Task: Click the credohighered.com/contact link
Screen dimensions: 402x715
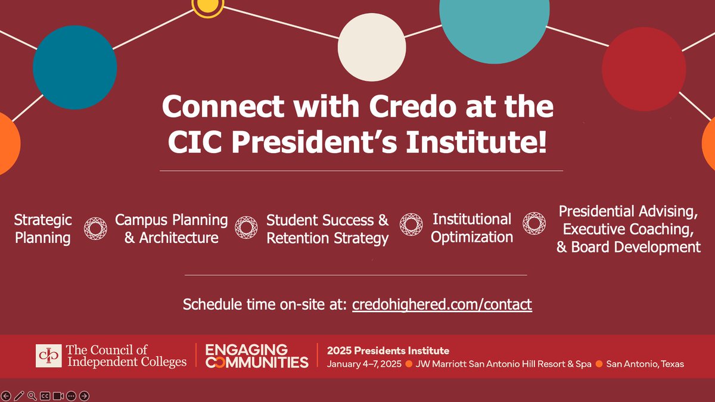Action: [x=442, y=304]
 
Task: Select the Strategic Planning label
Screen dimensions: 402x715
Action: [x=43, y=229]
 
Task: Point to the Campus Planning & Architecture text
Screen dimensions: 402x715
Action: [x=172, y=229]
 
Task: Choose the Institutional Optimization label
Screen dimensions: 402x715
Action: [x=472, y=228]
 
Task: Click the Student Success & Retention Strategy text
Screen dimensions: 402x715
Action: [x=327, y=229]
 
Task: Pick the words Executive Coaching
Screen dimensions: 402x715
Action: [x=628, y=229]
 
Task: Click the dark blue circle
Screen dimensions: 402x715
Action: [x=74, y=67]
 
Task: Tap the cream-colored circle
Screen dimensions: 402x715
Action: [x=372, y=47]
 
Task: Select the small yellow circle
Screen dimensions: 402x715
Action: [x=207, y=6]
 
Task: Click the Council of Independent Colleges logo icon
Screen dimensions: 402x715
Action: [x=48, y=356]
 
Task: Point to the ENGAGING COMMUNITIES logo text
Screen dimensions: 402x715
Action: [x=257, y=356]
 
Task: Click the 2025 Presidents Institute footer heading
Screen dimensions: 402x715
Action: [x=388, y=350]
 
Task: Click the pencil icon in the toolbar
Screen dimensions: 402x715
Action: [x=19, y=395]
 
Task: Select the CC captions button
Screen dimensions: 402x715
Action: [x=45, y=395]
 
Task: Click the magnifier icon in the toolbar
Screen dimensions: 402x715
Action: [x=32, y=395]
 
